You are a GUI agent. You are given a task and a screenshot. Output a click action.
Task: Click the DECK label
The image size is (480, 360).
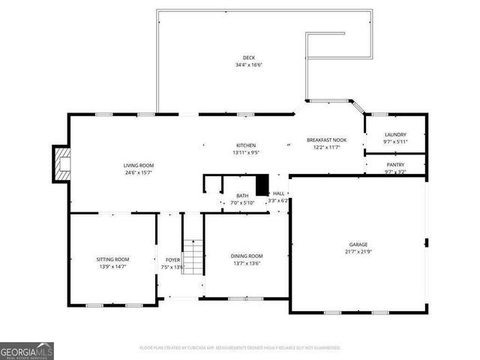coord(248,58)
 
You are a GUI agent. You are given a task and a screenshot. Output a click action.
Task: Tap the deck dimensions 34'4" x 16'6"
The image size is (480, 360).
coord(248,64)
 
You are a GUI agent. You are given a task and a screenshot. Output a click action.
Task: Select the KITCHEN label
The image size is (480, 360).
coord(246,145)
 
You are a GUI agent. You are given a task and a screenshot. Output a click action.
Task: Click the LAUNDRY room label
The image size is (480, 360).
coord(394,135)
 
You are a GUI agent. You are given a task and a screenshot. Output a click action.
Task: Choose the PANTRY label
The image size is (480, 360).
coord(394,164)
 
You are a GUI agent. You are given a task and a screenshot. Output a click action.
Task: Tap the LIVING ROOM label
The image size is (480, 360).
coord(139,165)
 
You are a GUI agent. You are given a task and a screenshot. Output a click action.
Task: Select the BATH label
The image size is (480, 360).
coord(242,196)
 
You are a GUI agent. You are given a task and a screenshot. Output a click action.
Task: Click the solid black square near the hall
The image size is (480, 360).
coord(262,184)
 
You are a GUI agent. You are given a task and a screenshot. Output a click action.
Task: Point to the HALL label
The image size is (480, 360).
coord(278,193)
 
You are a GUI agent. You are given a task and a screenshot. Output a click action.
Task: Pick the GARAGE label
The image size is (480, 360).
coord(358,244)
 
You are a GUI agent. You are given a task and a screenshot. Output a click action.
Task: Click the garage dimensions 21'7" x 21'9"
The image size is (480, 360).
coord(358,251)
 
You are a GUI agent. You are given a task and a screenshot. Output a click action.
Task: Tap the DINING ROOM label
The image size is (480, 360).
coord(246,256)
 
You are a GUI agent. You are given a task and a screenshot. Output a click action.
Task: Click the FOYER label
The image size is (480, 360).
coord(172,259)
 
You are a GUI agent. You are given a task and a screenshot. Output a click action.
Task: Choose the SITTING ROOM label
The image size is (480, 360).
coord(112,259)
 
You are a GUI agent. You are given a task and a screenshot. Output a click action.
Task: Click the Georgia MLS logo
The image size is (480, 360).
coord(27,350)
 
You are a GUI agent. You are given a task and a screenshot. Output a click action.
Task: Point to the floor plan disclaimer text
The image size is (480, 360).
coord(240,348)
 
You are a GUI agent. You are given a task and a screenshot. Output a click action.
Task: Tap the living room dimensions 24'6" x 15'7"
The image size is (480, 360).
coord(139,172)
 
